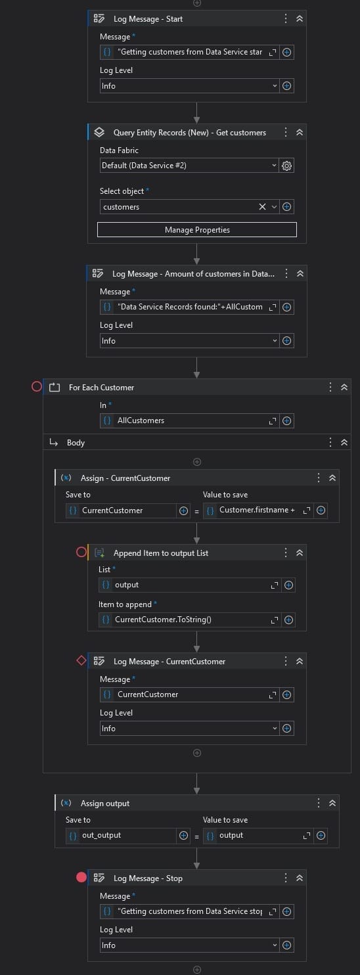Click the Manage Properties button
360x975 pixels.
pos(197,230)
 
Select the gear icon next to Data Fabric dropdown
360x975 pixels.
pos(286,166)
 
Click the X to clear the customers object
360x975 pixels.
pos(262,207)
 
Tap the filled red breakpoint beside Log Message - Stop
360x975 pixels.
pos(81,878)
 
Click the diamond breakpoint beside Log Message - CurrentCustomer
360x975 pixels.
pos(81,661)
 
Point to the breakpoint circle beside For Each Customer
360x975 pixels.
pos(37,386)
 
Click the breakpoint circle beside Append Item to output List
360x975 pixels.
pos(81,553)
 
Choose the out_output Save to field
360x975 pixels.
pos(121,835)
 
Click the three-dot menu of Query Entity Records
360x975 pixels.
pos(286,132)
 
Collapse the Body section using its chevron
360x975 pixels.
pos(344,442)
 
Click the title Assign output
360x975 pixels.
pos(105,803)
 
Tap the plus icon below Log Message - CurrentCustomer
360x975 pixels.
pos(197,752)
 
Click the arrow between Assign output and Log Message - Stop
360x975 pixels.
pos(197,858)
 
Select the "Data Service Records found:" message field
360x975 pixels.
pos(190,307)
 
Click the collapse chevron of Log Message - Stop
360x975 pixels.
pos(300,878)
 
